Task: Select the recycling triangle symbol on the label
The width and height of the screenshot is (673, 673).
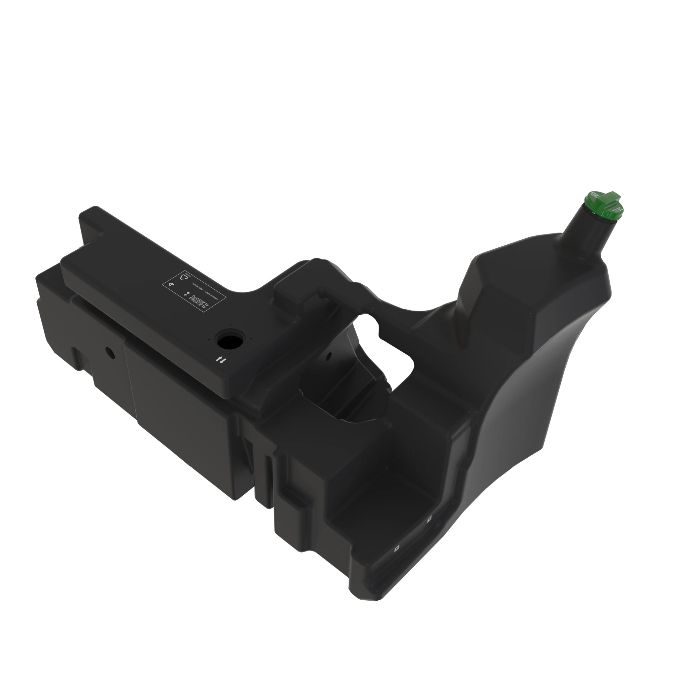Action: pos(184,277)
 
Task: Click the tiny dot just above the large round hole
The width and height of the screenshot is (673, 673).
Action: pos(231,325)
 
